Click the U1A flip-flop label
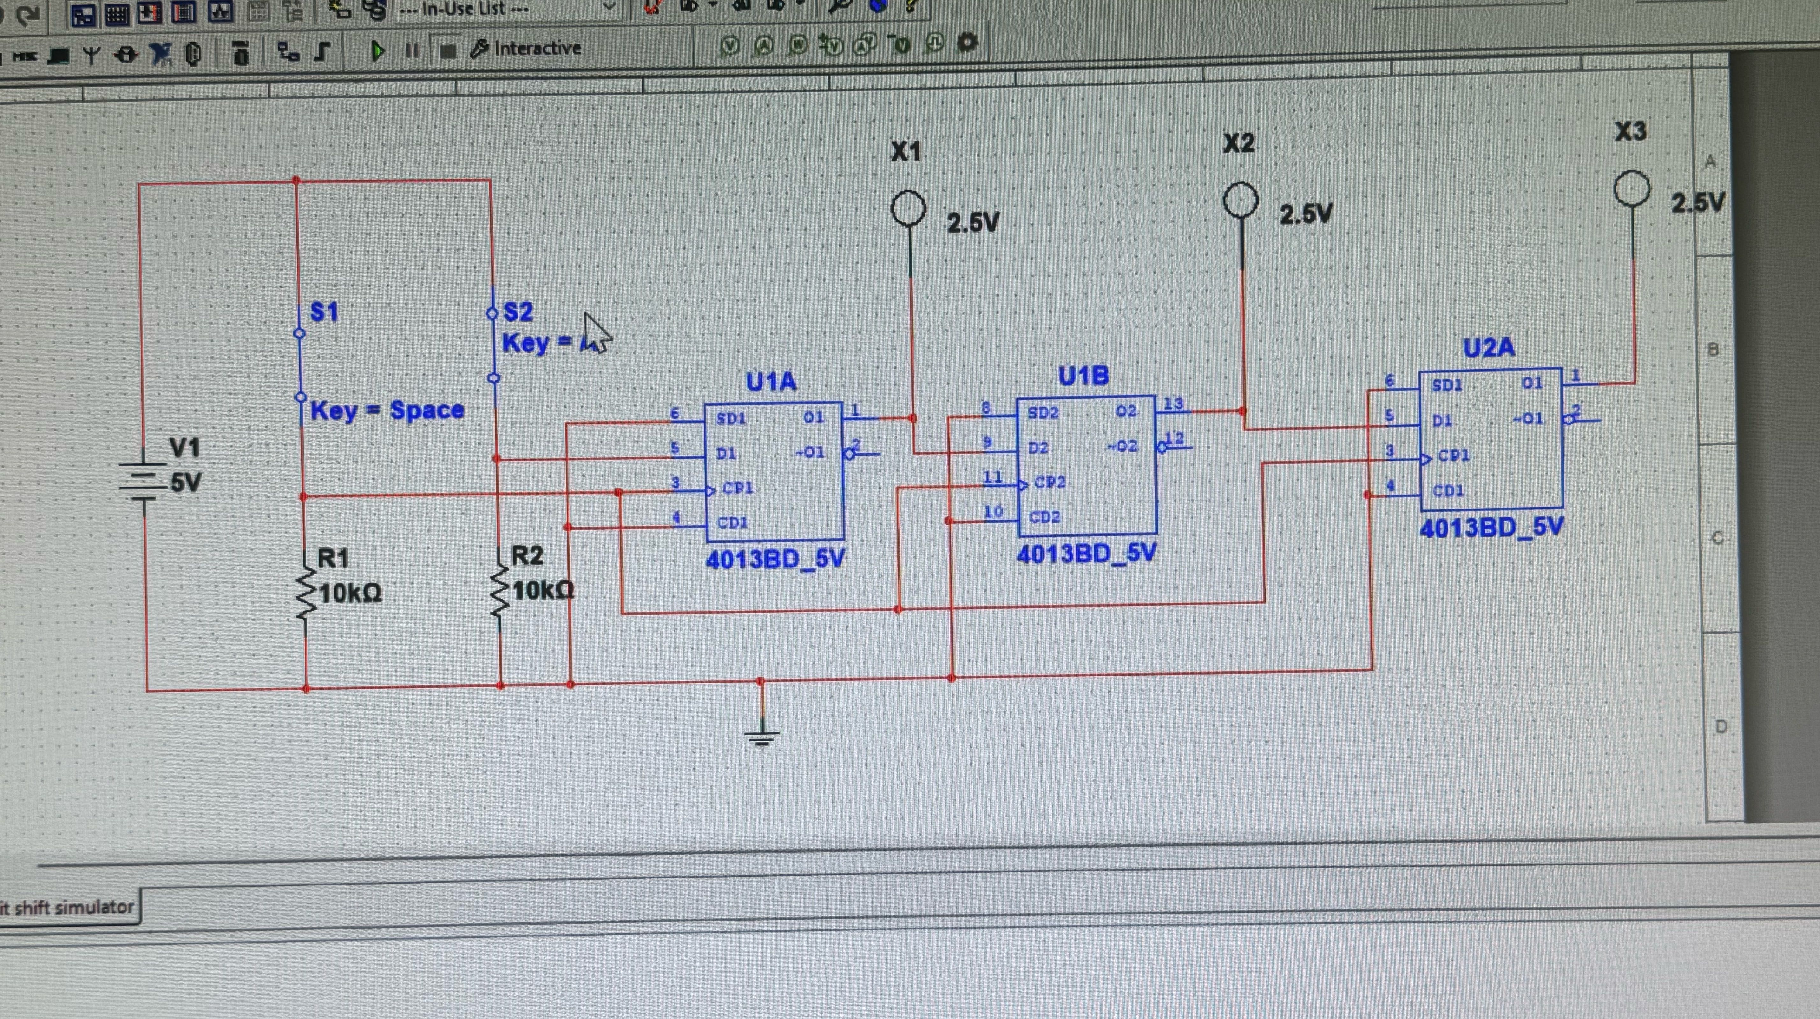[x=771, y=382]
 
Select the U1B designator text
[x=1083, y=376]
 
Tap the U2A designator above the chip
[x=1489, y=348]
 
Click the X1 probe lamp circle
[x=908, y=209]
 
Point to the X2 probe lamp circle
[x=1241, y=201]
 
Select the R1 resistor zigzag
[x=306, y=594]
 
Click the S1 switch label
[x=324, y=312]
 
